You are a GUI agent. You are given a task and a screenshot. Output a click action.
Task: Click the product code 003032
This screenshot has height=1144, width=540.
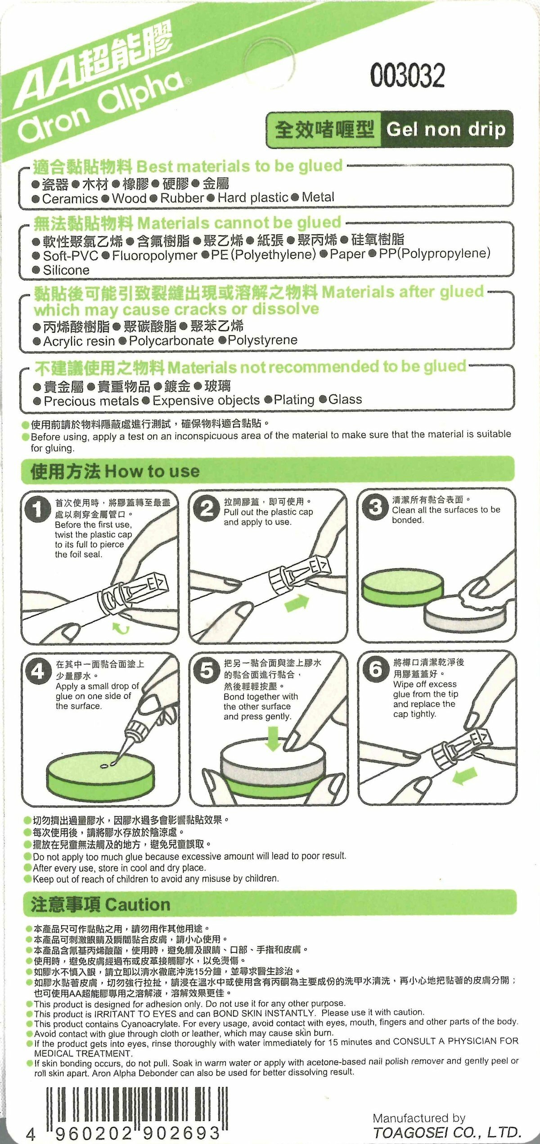407,75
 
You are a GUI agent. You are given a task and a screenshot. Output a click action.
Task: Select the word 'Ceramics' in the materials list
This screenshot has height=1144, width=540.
70,199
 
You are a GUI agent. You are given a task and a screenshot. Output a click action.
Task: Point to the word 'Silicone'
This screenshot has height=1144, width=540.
66,270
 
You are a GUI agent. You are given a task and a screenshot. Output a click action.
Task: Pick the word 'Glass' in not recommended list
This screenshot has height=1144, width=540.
345,399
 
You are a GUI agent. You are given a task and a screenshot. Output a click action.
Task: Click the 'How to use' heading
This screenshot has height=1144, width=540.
153,471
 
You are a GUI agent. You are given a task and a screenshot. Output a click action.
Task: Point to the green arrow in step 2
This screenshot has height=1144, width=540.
297,603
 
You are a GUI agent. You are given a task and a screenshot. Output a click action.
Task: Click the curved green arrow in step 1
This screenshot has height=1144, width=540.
120,628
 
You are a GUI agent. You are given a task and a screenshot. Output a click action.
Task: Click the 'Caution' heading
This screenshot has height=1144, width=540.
138,905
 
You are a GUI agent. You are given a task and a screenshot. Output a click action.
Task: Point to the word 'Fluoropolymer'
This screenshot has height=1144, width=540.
154,256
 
